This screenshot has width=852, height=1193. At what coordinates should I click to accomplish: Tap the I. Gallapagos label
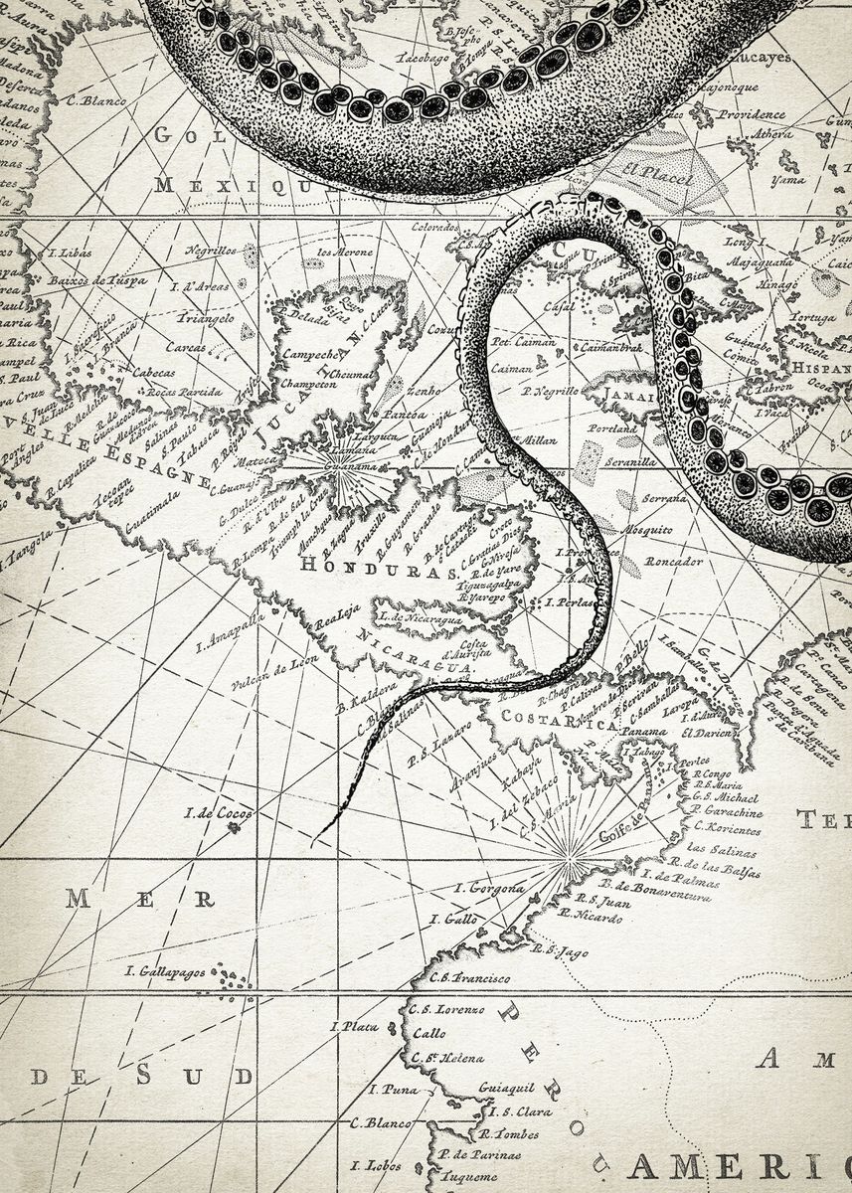165,971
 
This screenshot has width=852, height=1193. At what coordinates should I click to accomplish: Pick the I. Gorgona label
488,887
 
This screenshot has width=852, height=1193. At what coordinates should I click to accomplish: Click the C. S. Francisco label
470,978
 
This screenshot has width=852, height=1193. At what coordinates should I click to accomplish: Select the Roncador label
673,561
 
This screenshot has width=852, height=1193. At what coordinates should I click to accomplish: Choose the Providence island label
752,114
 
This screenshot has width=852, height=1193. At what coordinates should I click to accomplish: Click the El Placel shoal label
643,170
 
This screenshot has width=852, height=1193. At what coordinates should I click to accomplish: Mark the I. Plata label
356,1026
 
